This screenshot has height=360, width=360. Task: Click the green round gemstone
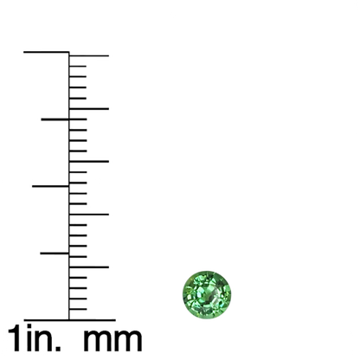pyautogui.click(x=207, y=294)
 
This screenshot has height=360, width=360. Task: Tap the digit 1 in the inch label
pyautogui.click(x=16, y=337)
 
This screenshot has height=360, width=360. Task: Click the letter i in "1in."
pyautogui.click(x=29, y=337)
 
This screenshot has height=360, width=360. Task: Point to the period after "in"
pyautogui.click(x=58, y=348)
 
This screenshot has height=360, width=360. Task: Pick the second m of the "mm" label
pyautogui.click(x=128, y=340)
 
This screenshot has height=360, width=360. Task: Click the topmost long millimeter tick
pyautogui.click(x=89, y=55)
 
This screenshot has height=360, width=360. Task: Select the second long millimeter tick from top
pyautogui.click(x=89, y=109)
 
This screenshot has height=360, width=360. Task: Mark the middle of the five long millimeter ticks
pyautogui.click(x=89, y=162)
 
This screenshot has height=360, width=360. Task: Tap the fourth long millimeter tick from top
pyautogui.click(x=89, y=215)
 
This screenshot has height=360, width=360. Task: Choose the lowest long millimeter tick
pyautogui.click(x=89, y=267)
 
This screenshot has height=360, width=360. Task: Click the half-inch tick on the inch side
pyautogui.click(x=50, y=186)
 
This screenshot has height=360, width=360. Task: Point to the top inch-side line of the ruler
pyautogui.click(x=47, y=52)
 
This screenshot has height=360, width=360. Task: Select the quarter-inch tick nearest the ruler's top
pyautogui.click(x=55, y=119)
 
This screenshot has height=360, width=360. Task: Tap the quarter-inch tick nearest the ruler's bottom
pyautogui.click(x=55, y=254)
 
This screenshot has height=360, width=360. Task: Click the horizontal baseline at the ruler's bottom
pyautogui.click(x=69, y=320)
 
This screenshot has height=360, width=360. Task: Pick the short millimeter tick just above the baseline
pyautogui.click(x=78, y=309)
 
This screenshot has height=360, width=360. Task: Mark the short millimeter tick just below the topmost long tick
pyautogui.click(x=78, y=67)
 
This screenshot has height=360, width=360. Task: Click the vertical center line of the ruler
pyautogui.click(x=69, y=186)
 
